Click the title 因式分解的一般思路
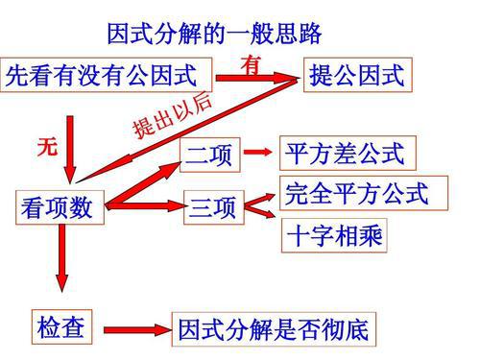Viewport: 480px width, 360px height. coord(212,36)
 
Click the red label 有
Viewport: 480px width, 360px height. coord(252,65)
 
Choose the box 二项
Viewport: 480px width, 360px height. coord(208,154)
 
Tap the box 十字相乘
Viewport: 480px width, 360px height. coord(335,235)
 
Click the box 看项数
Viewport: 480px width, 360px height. coord(58,207)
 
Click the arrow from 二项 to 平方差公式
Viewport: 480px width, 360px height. coord(255,153)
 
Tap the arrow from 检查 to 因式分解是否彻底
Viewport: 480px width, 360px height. coord(133,329)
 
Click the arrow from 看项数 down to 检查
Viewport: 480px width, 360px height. coord(62,259)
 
